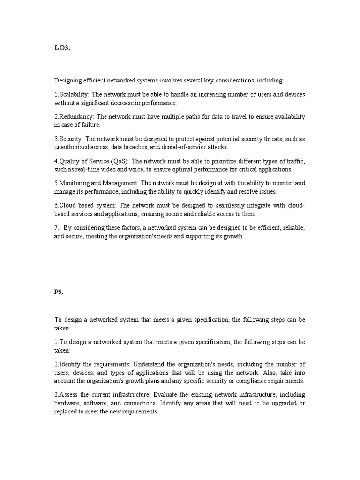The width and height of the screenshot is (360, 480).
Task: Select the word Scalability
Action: pyautogui.click(x=74, y=94)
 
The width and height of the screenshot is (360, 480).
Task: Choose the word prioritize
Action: pyautogui.click(x=211, y=161)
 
